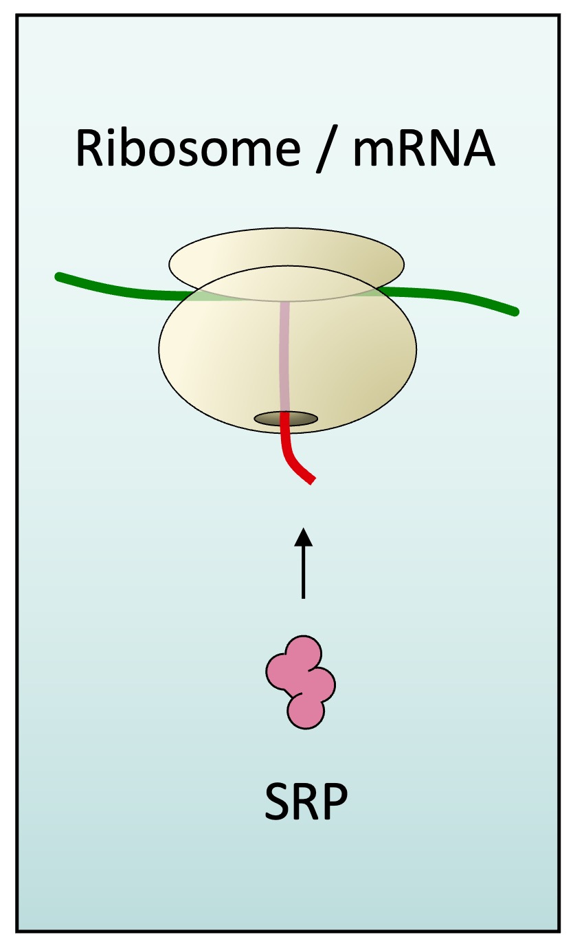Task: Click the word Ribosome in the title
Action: tap(186, 148)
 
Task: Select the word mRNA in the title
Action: tap(423, 148)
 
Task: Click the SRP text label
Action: tap(306, 801)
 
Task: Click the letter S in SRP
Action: tap(278, 801)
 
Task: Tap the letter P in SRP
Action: tap(335, 801)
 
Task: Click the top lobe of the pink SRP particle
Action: tap(303, 654)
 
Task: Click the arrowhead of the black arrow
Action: tap(303, 536)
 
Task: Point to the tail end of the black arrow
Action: tap(303, 597)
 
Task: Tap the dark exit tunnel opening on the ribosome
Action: tap(286, 418)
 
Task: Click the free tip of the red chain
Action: tap(313, 481)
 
